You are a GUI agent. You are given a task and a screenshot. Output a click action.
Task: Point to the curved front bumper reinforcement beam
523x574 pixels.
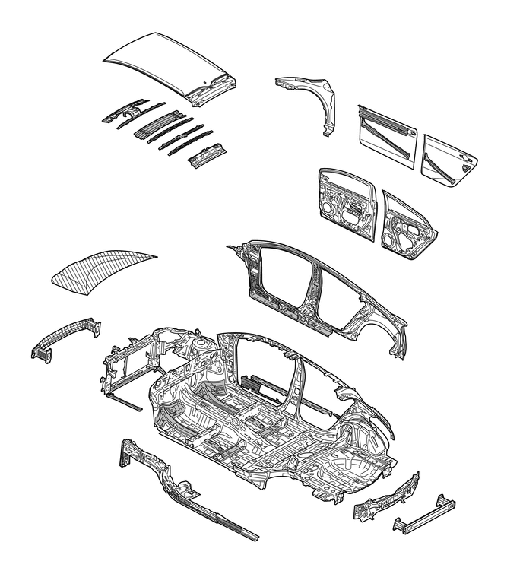(x=67, y=338)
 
